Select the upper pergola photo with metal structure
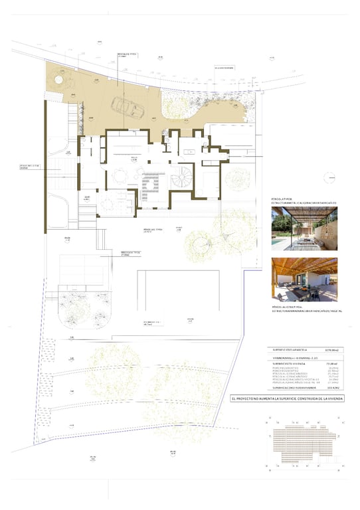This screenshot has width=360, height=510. click(304, 228)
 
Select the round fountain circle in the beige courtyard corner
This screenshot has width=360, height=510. click(58, 80)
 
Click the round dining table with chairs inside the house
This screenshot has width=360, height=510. click(120, 177)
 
